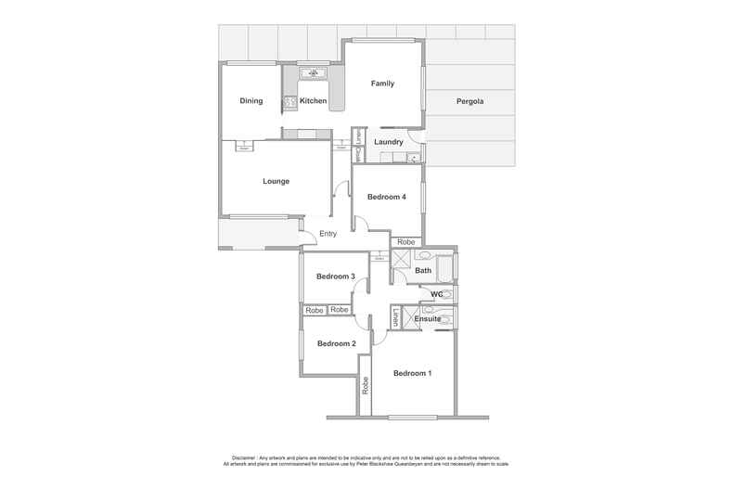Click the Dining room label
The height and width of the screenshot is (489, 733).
coord(251,101)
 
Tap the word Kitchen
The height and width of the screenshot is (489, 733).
coord(313,101)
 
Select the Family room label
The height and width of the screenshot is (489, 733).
coord(382,84)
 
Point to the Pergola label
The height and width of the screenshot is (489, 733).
coord(469,101)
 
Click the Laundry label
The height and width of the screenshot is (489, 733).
coord(388,142)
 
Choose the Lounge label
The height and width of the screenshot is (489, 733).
coord(276,181)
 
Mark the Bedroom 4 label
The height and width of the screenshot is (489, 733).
coord(386,197)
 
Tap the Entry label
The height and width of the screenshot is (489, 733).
coord(328,234)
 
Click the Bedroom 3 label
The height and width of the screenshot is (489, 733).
coord(335,277)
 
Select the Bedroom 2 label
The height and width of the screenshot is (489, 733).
coord(335,343)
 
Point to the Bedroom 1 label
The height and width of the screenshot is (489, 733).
coord(412,373)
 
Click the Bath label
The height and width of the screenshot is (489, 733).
coord(423,271)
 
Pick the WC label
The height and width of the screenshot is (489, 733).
coord(435,294)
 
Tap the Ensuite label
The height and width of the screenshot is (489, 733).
coord(428,319)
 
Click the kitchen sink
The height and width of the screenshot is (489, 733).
coord(313,72)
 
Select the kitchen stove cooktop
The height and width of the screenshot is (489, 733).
coord(289,101)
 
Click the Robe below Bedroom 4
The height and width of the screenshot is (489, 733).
coord(405,242)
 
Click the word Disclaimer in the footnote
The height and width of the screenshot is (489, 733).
coord(243,457)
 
